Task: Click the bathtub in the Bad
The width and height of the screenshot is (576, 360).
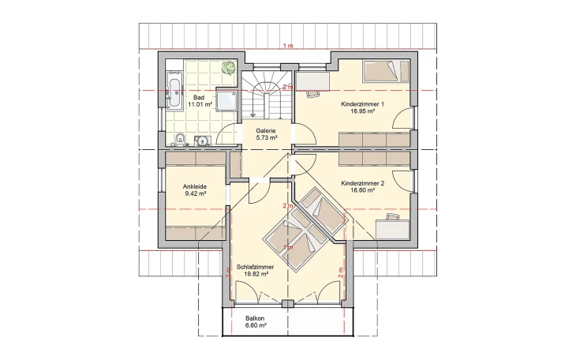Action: point(174,90)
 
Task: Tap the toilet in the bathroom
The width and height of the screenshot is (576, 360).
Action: point(180,140)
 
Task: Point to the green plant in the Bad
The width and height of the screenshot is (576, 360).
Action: point(230,68)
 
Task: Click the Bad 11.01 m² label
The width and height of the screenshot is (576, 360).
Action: point(200,101)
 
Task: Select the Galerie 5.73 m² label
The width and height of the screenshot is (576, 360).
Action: point(266,134)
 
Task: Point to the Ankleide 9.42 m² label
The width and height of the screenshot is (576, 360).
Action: point(195,189)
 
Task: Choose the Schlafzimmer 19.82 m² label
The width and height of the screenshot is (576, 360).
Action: point(255,270)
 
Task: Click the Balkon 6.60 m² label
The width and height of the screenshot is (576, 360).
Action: point(255,322)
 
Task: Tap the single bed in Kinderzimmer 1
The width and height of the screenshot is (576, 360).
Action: point(386,71)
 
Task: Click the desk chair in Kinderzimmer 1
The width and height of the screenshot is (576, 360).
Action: point(312,93)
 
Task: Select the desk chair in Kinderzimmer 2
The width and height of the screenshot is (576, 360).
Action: point(392,216)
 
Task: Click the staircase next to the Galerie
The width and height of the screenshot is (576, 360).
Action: point(267,95)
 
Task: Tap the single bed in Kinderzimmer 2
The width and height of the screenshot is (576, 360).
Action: point(324,210)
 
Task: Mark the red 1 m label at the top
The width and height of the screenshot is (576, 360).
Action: point(288,46)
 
